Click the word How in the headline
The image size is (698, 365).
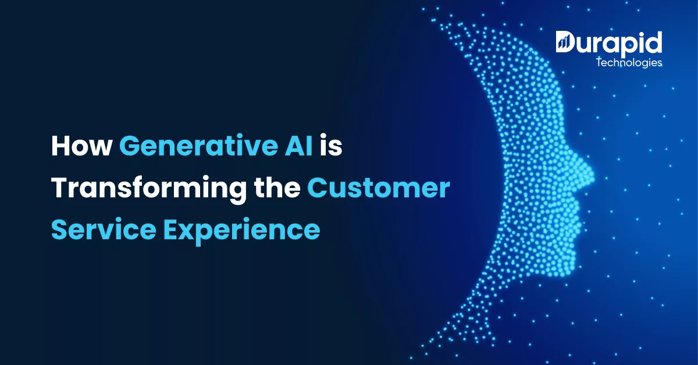81,146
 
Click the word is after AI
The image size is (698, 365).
331,146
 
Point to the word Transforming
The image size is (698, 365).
149,189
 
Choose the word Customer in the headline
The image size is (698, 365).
379,188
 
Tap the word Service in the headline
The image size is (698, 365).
104,229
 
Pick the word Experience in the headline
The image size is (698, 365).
242,231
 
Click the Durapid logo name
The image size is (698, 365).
609,44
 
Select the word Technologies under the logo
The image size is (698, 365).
629,63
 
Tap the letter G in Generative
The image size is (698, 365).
130,146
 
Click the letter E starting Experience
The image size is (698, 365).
172,229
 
